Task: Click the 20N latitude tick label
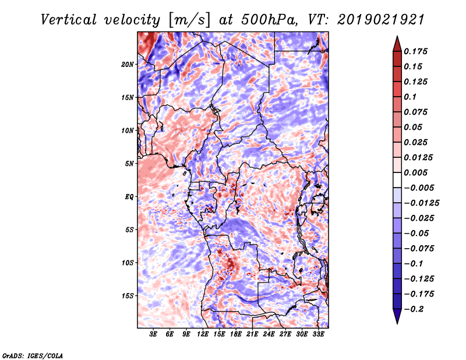[x=128, y=65]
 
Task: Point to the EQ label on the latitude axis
[x=129, y=197]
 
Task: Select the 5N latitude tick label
[x=129, y=164]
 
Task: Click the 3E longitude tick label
[x=153, y=334]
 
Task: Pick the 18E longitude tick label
[x=236, y=334]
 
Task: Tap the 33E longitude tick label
[x=318, y=334]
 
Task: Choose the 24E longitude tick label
[x=269, y=334]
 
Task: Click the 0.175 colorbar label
[x=415, y=51]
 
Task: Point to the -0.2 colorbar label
[x=414, y=309]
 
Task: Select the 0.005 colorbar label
[x=415, y=172]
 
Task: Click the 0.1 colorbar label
[x=410, y=97]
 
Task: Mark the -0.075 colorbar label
[x=419, y=249]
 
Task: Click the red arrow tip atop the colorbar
[x=397, y=37]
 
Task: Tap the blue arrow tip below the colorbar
[x=397, y=323]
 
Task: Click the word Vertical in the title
[x=69, y=20]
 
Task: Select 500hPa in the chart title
[x=269, y=20]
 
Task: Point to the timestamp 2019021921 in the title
[x=381, y=20]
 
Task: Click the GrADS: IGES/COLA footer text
[x=33, y=355]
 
